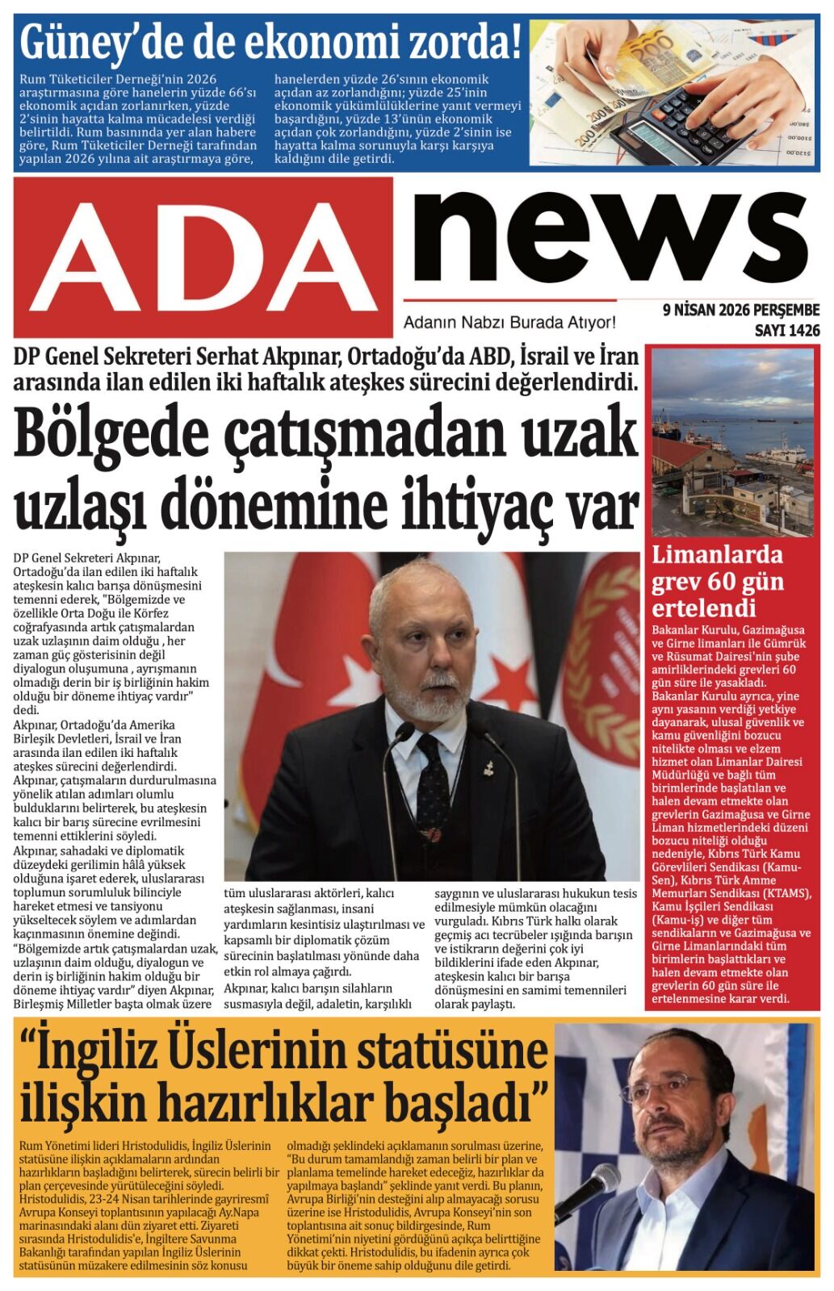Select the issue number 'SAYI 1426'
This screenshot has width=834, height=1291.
[786, 331]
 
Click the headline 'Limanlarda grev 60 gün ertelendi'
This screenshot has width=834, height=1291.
[717, 581]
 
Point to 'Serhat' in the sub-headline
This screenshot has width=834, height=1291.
[224, 357]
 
